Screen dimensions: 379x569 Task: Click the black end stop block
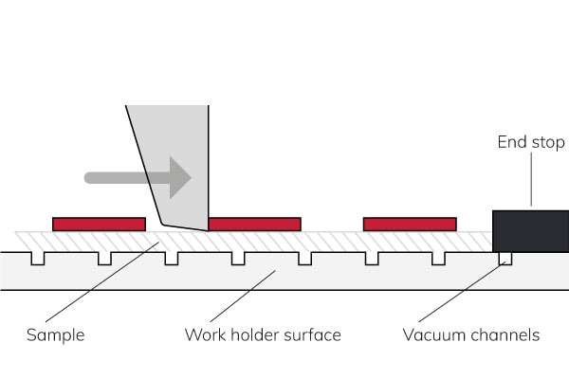click(530, 230)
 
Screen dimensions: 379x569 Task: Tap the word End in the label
click(512, 143)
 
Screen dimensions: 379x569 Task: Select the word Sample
click(55, 335)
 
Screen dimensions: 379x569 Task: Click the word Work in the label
click(204, 335)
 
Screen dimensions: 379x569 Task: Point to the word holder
click(256, 335)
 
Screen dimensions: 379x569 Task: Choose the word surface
click(312, 335)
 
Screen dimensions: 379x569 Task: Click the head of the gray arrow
click(179, 177)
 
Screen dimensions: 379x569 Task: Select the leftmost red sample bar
click(99, 225)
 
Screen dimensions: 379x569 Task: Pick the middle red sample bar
click(254, 225)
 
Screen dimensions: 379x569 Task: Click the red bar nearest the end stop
click(409, 225)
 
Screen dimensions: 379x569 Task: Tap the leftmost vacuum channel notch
click(37, 258)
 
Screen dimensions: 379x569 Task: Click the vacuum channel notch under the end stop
click(505, 258)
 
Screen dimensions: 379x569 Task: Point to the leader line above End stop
click(531, 180)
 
